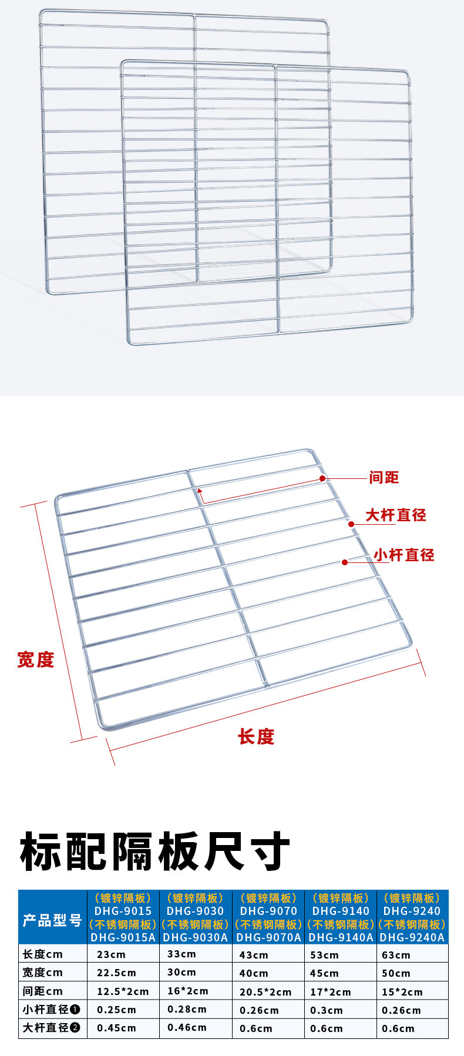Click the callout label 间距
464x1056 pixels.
click(x=384, y=478)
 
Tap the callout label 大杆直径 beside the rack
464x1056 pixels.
click(x=396, y=515)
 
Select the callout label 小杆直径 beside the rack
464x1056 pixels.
click(x=404, y=555)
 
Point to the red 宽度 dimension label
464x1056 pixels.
click(x=35, y=660)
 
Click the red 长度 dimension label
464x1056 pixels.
click(x=256, y=737)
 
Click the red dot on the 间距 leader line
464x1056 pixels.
click(x=322, y=478)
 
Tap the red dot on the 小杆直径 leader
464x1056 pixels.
click(x=345, y=562)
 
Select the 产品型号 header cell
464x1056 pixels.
click(x=52, y=920)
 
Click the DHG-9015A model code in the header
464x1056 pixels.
click(x=123, y=937)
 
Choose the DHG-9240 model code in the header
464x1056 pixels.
click(x=412, y=911)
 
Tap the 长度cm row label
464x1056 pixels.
click(x=43, y=954)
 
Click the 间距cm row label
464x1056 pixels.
click(x=43, y=991)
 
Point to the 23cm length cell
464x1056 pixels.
click(x=111, y=954)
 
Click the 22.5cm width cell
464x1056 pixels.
click(x=116, y=973)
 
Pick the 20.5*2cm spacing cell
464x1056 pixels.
click(x=265, y=992)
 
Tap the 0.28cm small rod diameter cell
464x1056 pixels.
click(x=187, y=1010)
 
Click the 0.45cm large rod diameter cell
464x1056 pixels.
click(x=116, y=1028)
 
